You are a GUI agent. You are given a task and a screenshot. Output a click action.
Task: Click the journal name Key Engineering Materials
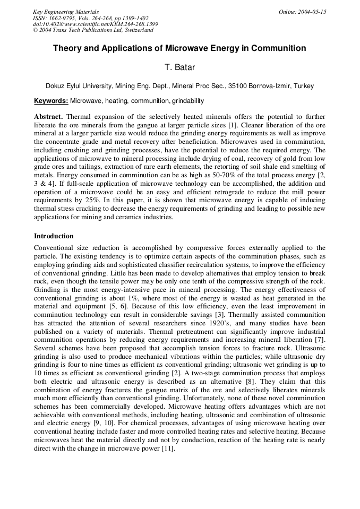tap(66, 12)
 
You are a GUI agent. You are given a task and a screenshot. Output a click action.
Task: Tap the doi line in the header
tap(95, 24)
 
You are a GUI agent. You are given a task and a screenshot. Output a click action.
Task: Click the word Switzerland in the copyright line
tap(135, 30)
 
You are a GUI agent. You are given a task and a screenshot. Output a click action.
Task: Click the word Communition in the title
tap(279, 48)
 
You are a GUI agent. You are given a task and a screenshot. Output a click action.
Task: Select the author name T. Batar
tap(179, 67)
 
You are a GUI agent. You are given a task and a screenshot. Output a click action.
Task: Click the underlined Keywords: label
tap(51, 101)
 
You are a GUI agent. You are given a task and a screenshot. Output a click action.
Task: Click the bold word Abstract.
tap(48, 116)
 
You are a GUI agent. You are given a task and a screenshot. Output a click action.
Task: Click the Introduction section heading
tap(54, 236)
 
